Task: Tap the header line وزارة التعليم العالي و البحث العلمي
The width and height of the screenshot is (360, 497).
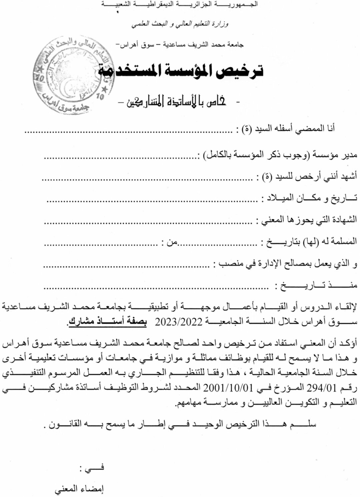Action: pos(180,24)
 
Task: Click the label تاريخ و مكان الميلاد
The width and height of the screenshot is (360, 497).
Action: pos(310,198)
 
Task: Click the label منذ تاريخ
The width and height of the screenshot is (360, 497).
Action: pos(317,285)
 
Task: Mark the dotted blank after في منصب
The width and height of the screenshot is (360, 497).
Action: pos(127,265)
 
